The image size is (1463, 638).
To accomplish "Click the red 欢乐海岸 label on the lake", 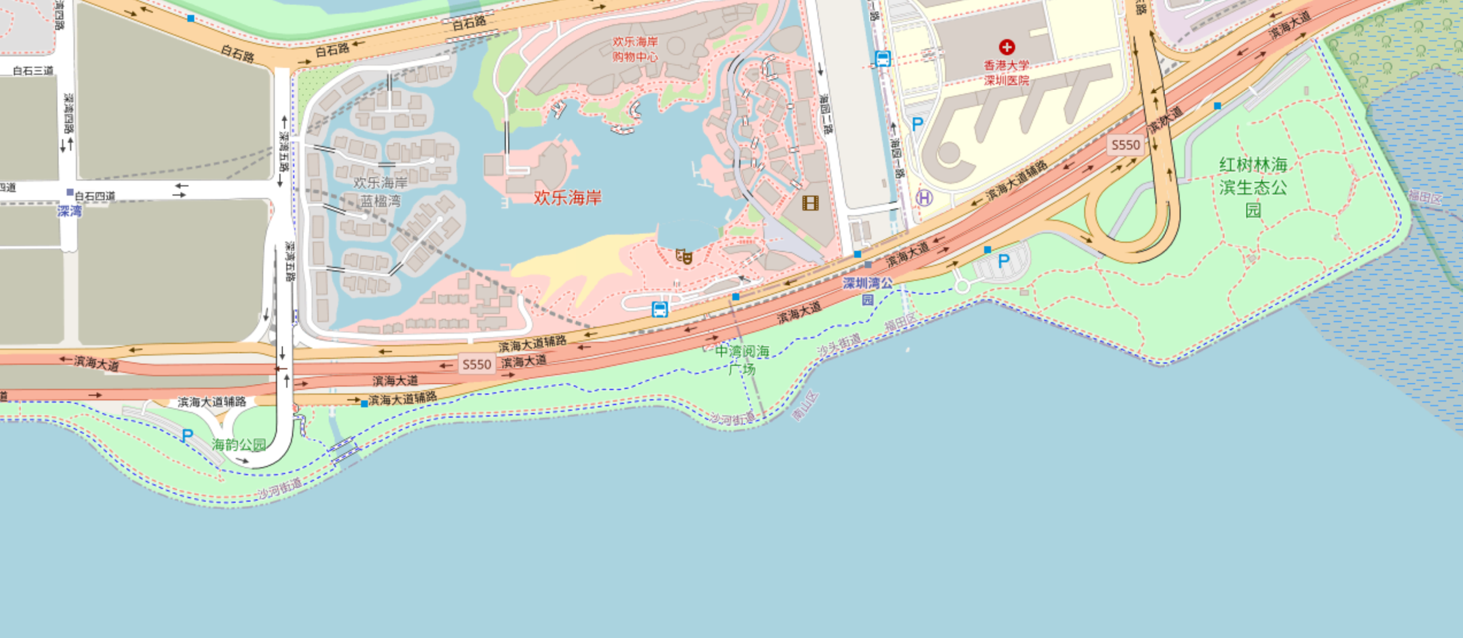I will [x=567, y=198].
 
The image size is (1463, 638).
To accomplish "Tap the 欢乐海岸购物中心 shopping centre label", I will [x=635, y=49].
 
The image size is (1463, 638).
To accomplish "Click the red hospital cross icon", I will [x=1006, y=47].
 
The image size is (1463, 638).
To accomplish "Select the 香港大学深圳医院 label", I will [x=1006, y=73].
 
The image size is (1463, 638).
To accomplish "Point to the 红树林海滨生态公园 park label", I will [x=1253, y=187].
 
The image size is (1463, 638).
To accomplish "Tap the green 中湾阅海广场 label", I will [x=742, y=360].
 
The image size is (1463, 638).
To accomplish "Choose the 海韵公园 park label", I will [x=239, y=445].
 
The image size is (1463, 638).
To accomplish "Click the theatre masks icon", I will [x=683, y=256].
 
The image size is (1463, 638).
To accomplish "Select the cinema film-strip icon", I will [x=810, y=203].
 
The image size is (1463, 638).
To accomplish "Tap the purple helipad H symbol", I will [x=924, y=198].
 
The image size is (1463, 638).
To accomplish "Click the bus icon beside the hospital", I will [x=882, y=58].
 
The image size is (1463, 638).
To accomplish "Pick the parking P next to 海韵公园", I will [x=187, y=435].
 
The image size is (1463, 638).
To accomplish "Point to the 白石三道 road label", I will [x=33, y=71].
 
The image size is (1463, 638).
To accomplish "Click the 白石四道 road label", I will [x=95, y=196].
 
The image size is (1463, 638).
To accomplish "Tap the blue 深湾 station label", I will [x=70, y=211].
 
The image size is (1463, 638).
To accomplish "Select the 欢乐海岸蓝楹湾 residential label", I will [x=380, y=192].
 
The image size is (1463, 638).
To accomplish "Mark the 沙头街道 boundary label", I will [x=839, y=345].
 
